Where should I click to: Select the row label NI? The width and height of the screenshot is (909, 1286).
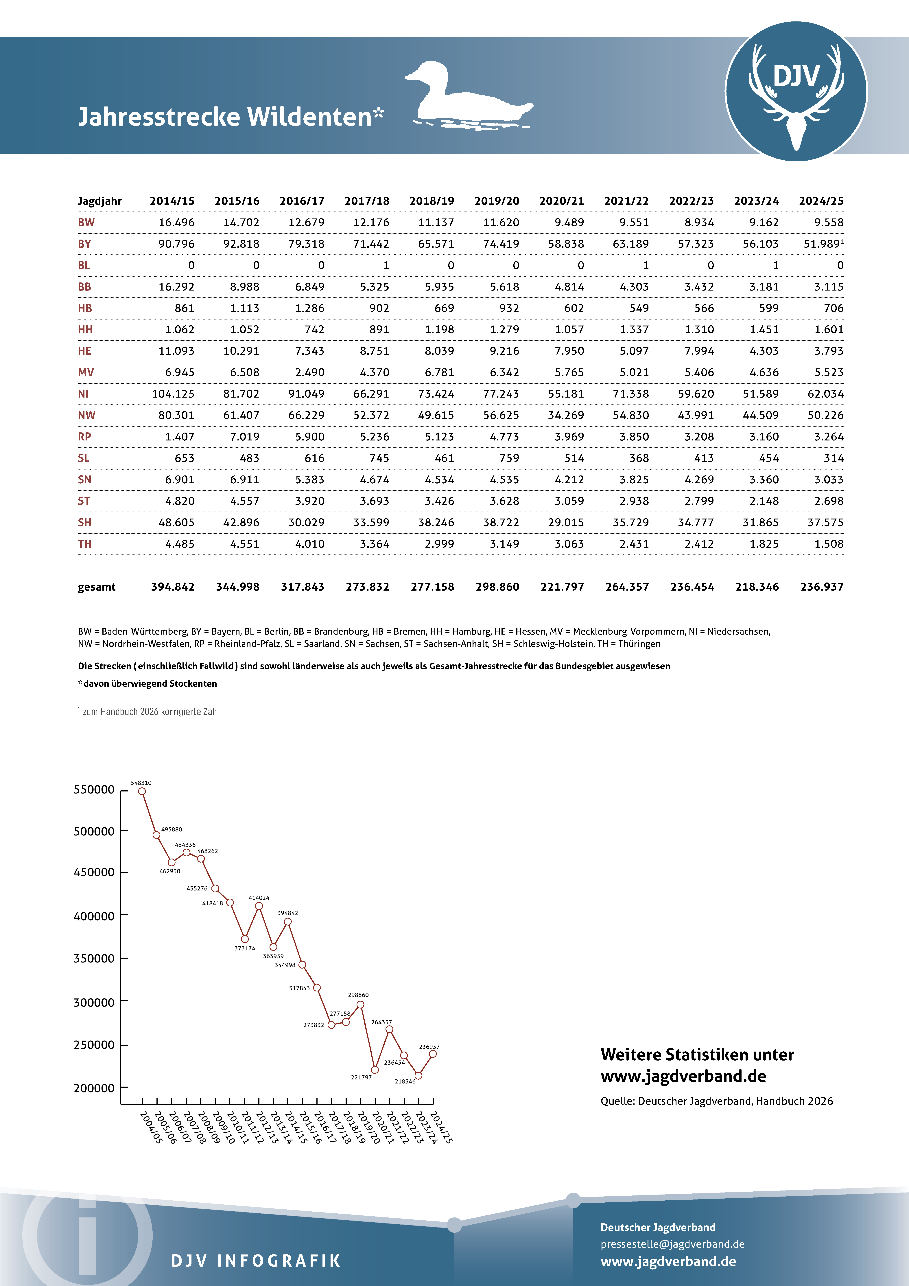[x=83, y=394]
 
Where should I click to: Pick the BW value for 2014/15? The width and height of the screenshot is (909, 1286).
[x=176, y=222]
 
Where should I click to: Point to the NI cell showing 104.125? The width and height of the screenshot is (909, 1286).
[x=173, y=394]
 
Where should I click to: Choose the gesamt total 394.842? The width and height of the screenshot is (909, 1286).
[x=172, y=587]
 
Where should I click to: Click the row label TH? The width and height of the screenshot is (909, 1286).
[x=85, y=544]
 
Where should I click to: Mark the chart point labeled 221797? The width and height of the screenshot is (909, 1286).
[x=375, y=1070]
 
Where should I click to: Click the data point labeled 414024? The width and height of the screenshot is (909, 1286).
[x=259, y=906]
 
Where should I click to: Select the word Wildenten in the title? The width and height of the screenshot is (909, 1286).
[x=309, y=117]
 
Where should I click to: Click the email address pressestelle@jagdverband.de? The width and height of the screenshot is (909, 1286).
[x=672, y=1244]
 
